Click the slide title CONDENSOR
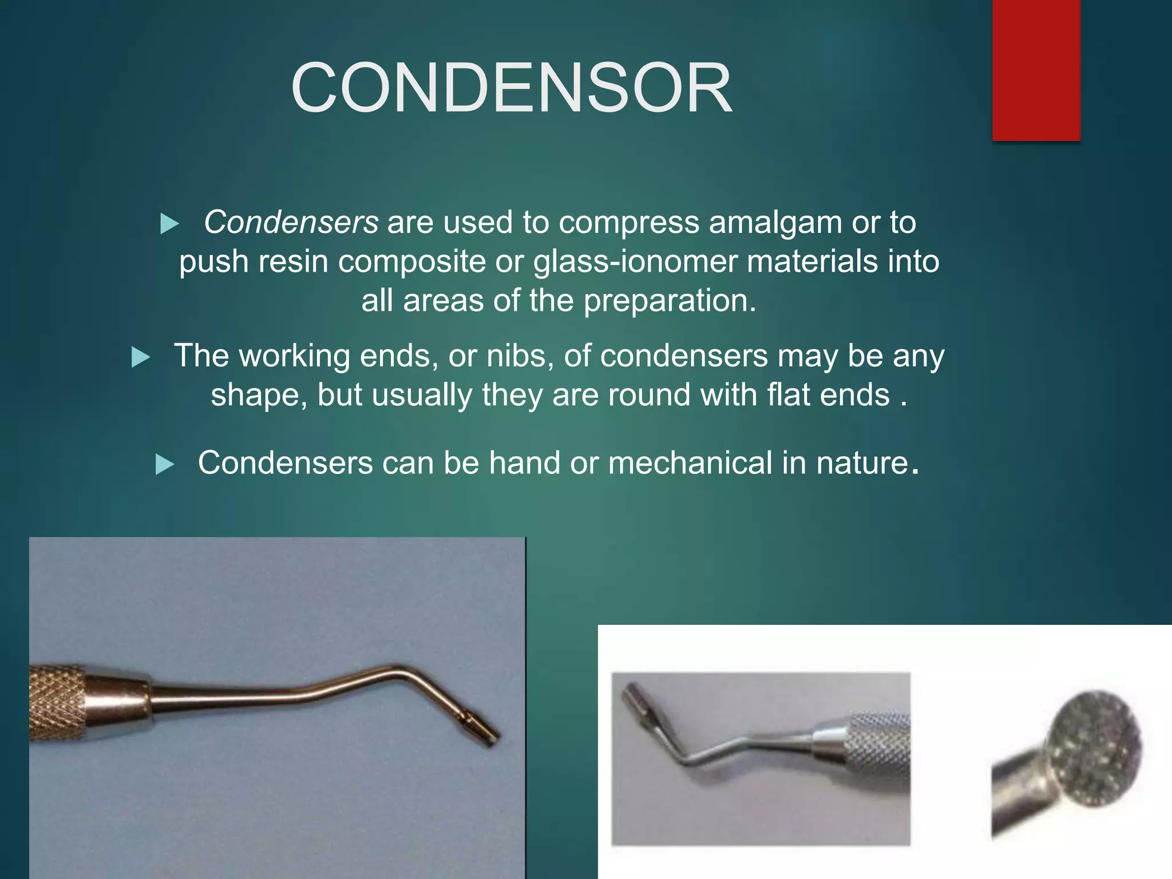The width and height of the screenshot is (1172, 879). pyautogui.click(x=511, y=89)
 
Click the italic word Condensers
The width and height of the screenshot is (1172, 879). pyautogui.click(x=291, y=222)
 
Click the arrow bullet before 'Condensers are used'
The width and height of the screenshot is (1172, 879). pyautogui.click(x=169, y=223)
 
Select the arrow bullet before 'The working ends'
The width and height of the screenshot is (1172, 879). pyautogui.click(x=140, y=357)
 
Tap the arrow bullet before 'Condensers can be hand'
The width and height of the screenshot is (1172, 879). pyautogui.click(x=164, y=464)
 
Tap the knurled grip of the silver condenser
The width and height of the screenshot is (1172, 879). pyautogui.click(x=878, y=750)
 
